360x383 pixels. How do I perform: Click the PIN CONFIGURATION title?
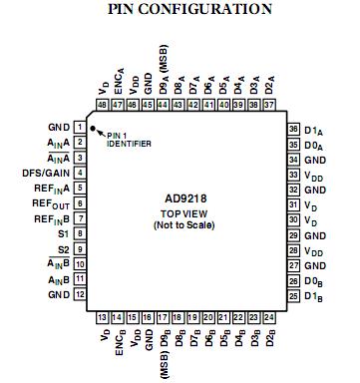tap(180, 10)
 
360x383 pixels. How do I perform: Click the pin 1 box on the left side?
tap(80, 128)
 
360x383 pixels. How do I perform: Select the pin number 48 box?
tap(104, 105)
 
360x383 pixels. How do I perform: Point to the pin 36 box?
tap(293, 129)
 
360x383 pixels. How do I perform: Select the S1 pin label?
tap(62, 233)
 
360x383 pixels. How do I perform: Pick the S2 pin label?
tap(62, 248)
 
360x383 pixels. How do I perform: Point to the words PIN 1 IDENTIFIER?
tap(130, 140)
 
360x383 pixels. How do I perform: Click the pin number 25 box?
tap(293, 295)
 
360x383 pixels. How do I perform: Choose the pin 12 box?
tap(80, 294)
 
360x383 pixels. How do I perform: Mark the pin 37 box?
tap(270, 105)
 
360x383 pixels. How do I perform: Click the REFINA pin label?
tap(47, 187)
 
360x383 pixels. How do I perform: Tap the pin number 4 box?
tap(80, 173)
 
